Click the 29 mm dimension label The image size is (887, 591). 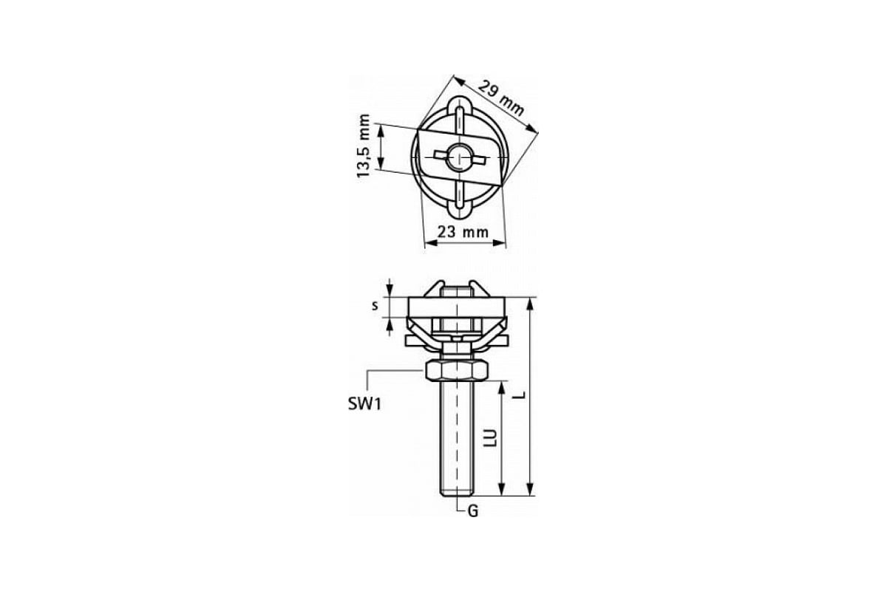point(501,98)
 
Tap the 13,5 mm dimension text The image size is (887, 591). point(364,146)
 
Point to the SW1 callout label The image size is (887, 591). point(364,404)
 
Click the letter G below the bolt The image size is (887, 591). point(473,511)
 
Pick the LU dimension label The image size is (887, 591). point(492,439)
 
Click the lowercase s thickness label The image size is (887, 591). point(375,306)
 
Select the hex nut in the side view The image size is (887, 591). point(456,371)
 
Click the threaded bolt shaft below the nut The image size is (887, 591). point(457,438)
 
